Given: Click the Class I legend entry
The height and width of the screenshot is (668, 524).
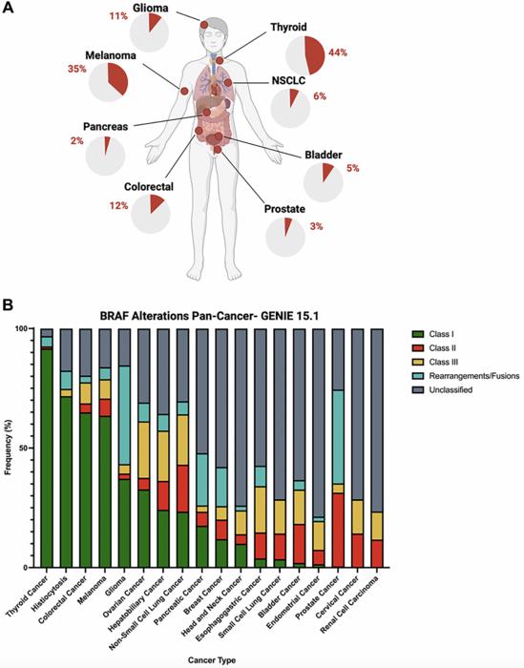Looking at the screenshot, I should (x=432, y=333).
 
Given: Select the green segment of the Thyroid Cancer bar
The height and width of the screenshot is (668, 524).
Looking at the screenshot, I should (x=46, y=458).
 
